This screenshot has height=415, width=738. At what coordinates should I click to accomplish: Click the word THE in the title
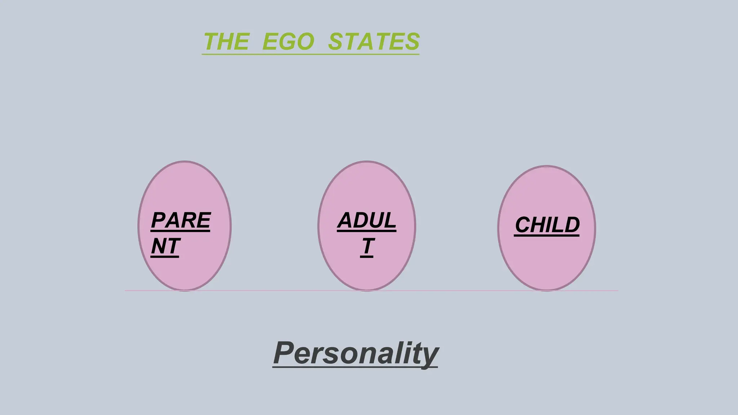[226, 41]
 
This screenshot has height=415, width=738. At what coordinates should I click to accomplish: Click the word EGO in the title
[288, 41]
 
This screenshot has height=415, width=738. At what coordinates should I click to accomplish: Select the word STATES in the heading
[374, 41]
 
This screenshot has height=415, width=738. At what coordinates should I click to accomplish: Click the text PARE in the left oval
[181, 220]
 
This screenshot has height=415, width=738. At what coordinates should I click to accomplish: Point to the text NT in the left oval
[165, 246]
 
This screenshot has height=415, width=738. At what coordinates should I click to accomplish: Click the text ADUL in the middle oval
[366, 220]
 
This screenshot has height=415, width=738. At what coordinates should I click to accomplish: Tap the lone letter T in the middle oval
[367, 246]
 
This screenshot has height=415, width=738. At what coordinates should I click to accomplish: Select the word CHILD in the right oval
[547, 225]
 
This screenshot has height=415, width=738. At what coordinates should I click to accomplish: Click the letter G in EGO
[288, 41]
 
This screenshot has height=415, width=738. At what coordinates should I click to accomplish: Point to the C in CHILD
[523, 225]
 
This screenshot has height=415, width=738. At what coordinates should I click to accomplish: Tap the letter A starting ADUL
[346, 220]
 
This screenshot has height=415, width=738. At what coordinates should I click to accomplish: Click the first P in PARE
[159, 220]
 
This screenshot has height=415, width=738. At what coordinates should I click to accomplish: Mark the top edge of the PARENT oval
[184, 161]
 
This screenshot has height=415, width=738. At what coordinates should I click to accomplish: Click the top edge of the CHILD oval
[547, 166]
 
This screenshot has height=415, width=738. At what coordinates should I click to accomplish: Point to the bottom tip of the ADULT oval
[367, 290]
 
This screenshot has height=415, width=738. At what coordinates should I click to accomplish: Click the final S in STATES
[412, 41]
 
